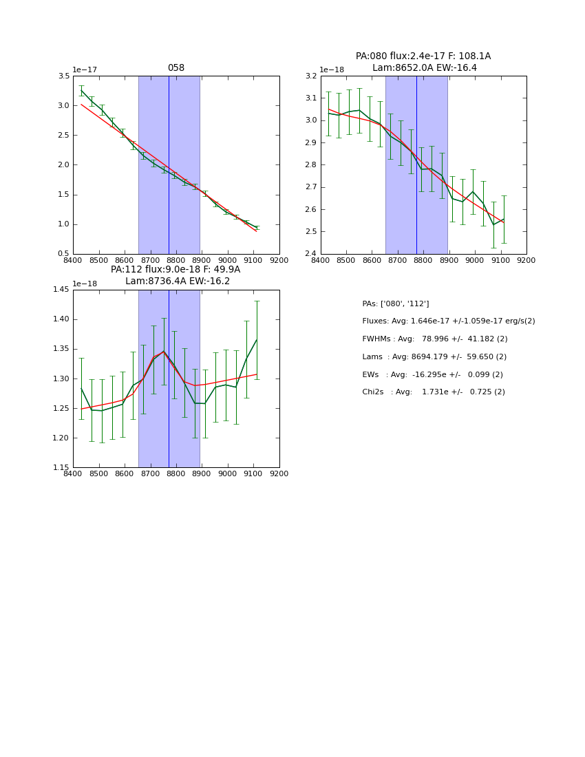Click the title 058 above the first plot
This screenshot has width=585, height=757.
click(176, 68)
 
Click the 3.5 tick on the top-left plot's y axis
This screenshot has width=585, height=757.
click(63, 76)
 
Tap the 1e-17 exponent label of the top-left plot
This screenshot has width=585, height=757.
click(85, 70)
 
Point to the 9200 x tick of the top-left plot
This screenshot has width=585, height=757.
click(279, 260)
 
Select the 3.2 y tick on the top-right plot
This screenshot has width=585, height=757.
click(311, 76)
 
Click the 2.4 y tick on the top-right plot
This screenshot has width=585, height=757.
click(311, 253)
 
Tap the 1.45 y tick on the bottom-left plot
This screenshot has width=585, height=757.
click(61, 290)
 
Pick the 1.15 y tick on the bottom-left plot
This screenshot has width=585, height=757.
click(61, 467)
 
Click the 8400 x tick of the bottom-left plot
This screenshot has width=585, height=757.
click(73, 473)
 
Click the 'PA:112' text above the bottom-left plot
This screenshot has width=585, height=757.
click(125, 270)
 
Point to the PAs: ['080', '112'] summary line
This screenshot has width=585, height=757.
click(395, 303)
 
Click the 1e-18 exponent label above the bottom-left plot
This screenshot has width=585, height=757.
click(85, 284)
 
